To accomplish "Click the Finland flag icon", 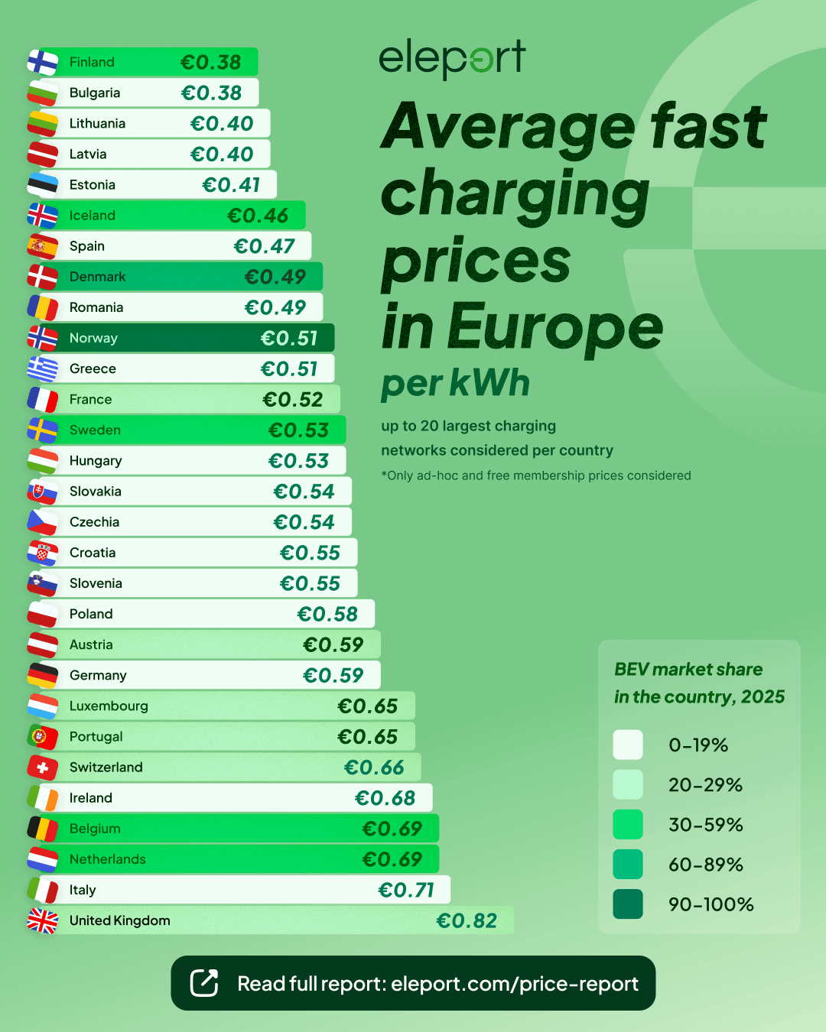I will coord(43,63).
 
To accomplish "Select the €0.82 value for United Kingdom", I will coord(467,920).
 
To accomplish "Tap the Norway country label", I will coord(93,338).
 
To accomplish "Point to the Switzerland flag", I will coord(43,768).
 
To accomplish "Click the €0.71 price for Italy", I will coord(406,890).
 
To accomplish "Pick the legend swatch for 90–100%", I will coord(628,904).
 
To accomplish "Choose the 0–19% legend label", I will coord(698,745).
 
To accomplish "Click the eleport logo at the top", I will coord(452,58).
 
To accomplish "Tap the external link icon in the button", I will coord(204,983).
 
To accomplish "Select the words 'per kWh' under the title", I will coord(455,384).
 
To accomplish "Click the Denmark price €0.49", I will coord(275,277).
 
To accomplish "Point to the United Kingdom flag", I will coord(43,921).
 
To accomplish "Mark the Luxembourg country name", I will coord(109,706).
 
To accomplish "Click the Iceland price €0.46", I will coord(258,216).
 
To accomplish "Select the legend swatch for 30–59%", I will coord(628,825).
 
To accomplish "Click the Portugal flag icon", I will coord(43,737).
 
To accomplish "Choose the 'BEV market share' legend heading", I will coord(688,670).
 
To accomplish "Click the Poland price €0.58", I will coord(327,614).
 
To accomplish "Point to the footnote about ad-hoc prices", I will coord(536,475).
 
